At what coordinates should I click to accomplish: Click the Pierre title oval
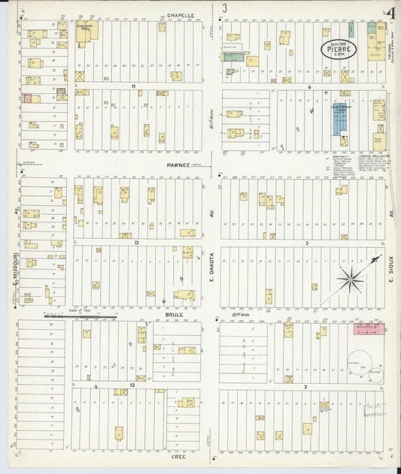pos(339,49)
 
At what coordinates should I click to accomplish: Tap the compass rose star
pos(350,279)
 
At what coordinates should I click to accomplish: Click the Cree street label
pos(178,455)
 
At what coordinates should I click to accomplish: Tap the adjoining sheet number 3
pos(224,8)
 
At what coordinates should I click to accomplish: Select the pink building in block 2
pos(369,328)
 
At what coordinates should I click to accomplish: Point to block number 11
pos(133,86)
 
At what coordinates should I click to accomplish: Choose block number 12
pos(136,243)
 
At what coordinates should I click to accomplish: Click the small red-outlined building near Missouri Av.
pos(27,98)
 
